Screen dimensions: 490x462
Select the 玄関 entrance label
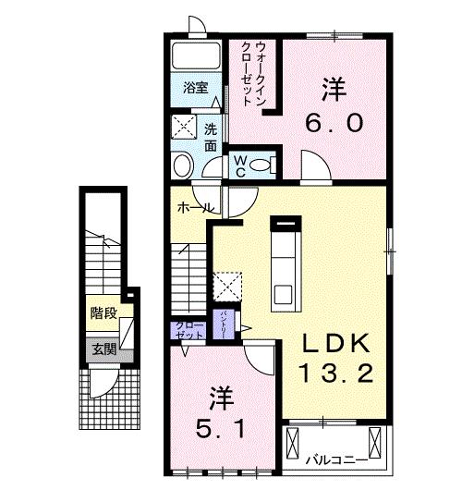[103, 349]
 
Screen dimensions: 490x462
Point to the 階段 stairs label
[103, 313]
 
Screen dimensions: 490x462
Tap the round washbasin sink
[183, 167]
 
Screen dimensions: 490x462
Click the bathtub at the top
[195, 58]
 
